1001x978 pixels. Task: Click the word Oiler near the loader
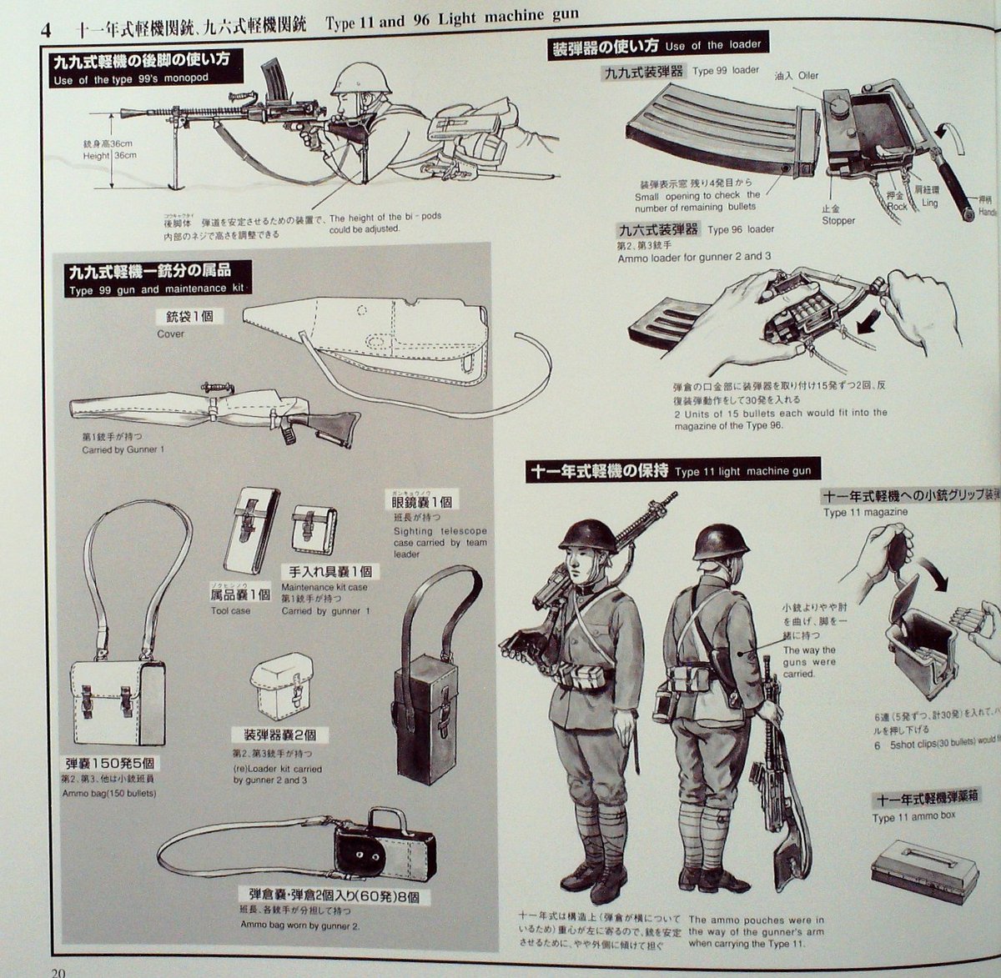click(807, 75)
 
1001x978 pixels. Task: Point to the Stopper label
click(838, 221)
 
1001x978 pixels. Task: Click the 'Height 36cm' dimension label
click(109, 155)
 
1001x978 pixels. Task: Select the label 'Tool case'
click(230, 610)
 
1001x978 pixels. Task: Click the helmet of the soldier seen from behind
click(721, 542)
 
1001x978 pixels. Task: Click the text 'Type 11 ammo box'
click(913, 818)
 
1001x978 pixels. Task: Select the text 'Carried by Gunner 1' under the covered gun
click(123, 450)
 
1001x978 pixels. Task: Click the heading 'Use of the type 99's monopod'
click(129, 80)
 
